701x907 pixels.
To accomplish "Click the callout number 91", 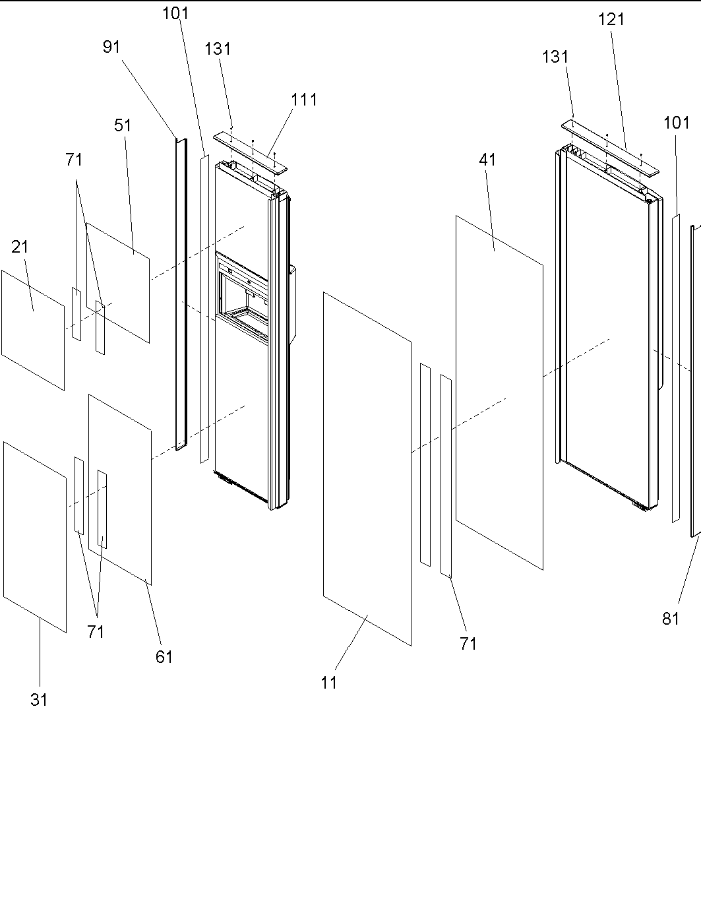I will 111,47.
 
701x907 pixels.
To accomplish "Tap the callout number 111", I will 304,100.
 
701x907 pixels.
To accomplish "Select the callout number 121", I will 611,20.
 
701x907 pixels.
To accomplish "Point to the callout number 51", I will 123,125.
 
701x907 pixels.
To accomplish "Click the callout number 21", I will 20,247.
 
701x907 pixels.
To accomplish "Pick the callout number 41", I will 488,160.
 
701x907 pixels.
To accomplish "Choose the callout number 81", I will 671,619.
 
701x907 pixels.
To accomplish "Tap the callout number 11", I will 329,683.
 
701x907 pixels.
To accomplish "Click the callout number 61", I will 164,656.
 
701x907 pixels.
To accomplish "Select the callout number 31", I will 39,700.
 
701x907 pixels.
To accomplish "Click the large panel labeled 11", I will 367,468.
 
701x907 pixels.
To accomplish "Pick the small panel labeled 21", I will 33,330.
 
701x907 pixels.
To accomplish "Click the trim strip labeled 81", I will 694,383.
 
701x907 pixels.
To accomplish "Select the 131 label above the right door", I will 555,57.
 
